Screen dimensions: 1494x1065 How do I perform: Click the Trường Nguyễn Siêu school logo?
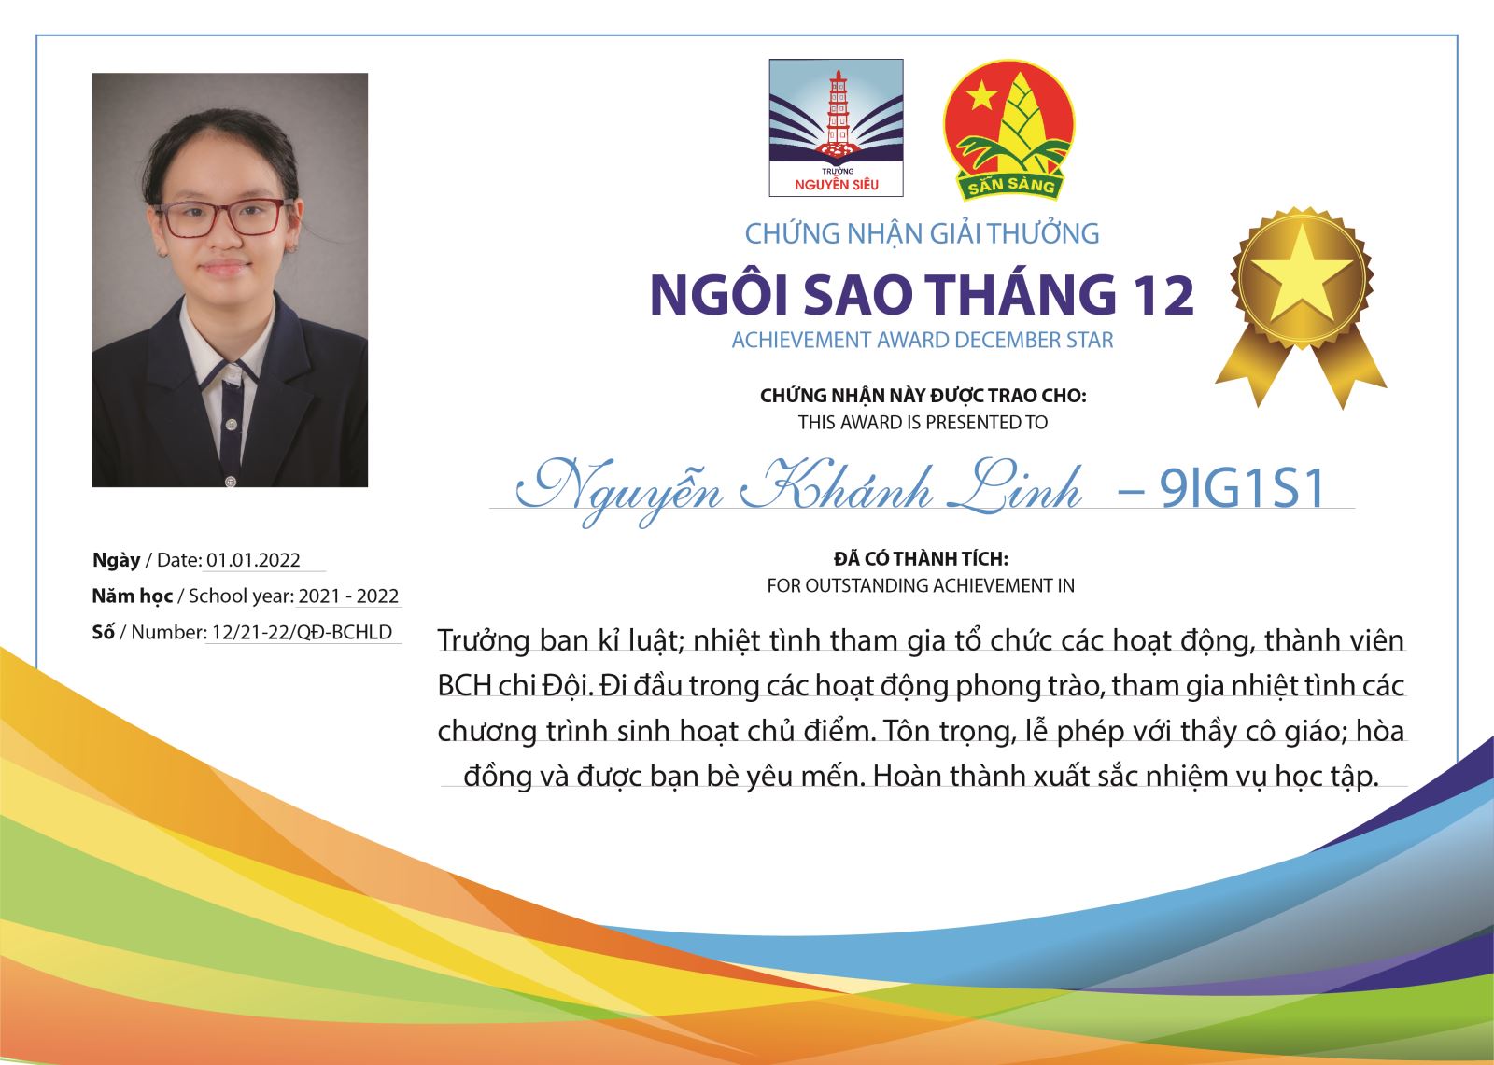pyautogui.click(x=836, y=128)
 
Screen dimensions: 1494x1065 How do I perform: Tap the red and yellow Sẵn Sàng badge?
pyautogui.click(x=1008, y=131)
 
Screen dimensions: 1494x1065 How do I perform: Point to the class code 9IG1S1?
pyautogui.click(x=1241, y=489)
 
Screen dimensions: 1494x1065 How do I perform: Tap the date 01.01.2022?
pyautogui.click(x=253, y=560)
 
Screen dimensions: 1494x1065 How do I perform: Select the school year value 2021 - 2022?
pyautogui.click(x=348, y=596)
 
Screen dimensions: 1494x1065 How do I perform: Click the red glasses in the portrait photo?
pyautogui.click(x=223, y=217)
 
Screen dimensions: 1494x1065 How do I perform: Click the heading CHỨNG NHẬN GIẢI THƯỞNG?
pyautogui.click(x=922, y=233)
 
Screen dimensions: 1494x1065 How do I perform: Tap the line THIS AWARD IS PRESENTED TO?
pyautogui.click(x=923, y=423)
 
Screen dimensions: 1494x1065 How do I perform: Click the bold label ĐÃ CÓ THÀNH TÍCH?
pyautogui.click(x=921, y=558)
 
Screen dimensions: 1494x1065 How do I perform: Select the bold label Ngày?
pyautogui.click(x=117, y=560)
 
